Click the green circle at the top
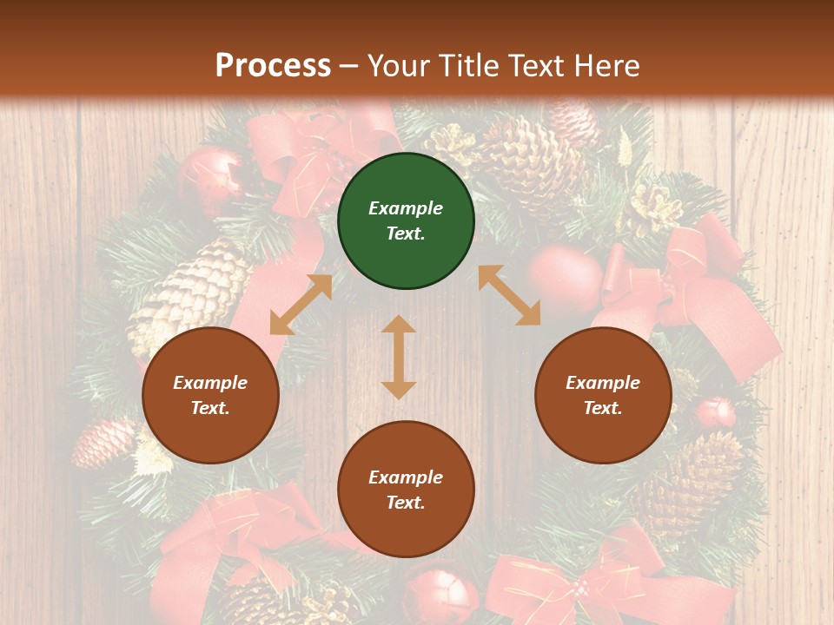click(x=406, y=221)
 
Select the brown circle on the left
click(x=210, y=396)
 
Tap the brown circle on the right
click(x=603, y=396)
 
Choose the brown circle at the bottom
click(x=406, y=490)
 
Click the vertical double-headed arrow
click(x=399, y=357)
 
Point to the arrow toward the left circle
click(x=301, y=305)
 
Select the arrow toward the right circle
click(x=509, y=295)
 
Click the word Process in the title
click(x=273, y=65)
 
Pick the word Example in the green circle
click(x=406, y=208)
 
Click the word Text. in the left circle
click(x=210, y=408)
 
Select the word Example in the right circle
click(x=603, y=383)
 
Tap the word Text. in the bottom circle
click(x=406, y=503)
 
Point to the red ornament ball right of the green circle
click(x=564, y=278)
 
